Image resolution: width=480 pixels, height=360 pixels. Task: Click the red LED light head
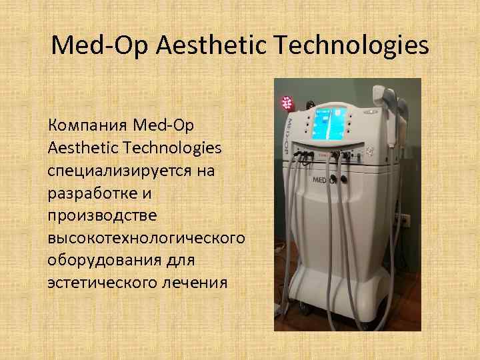point(287,103)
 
